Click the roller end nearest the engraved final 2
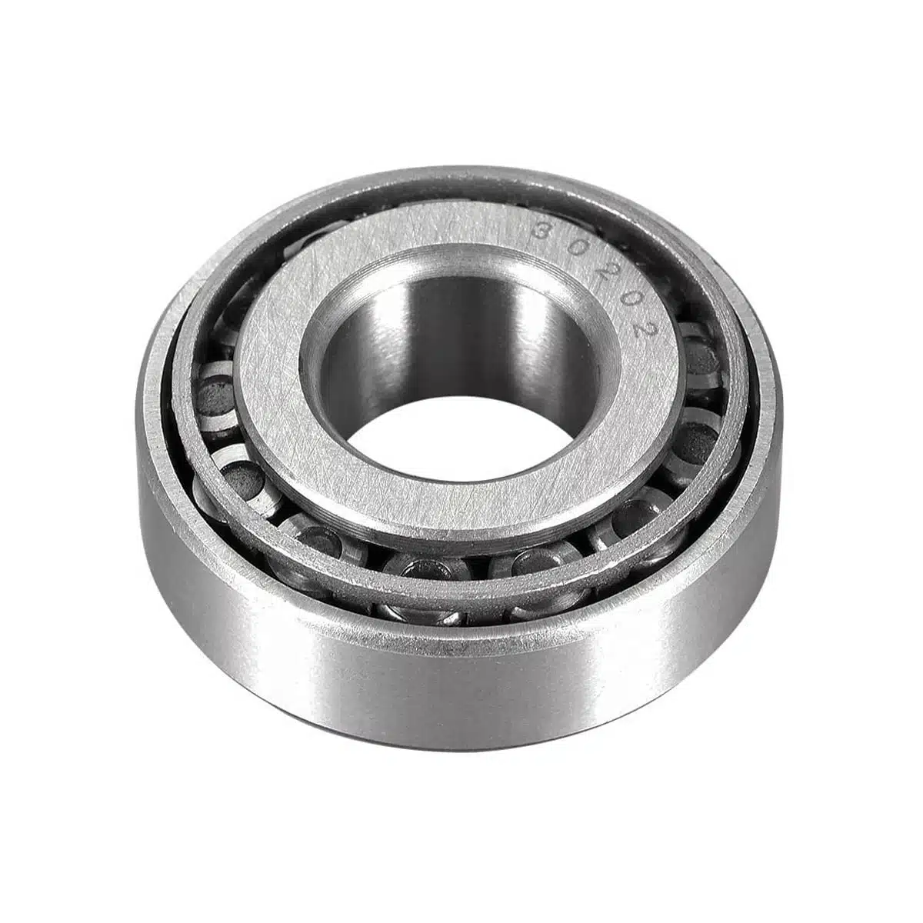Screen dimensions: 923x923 click(699, 354)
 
